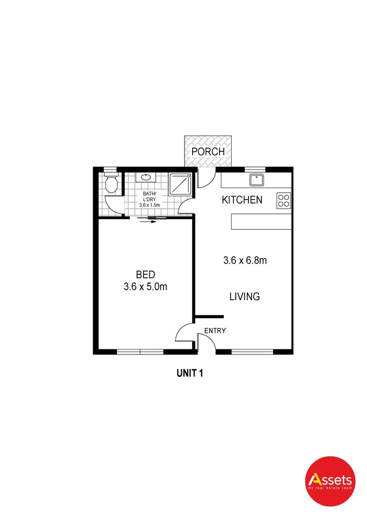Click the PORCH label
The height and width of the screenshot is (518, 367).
coord(208,152)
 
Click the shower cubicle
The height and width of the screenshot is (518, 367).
coord(181,184)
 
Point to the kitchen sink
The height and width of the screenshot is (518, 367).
coord(256,180)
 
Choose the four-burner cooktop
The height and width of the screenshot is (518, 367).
coord(283,200)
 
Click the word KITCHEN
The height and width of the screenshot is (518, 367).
coord(242,200)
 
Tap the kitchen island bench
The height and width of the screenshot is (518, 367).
coord(261,222)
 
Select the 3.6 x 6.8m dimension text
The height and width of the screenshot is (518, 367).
coord(245,260)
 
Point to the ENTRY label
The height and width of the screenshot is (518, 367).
coord(215,330)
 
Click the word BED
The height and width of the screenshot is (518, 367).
coord(145,275)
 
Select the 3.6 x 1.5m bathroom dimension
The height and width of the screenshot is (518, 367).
coord(148,205)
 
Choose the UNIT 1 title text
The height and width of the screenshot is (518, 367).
coord(190,373)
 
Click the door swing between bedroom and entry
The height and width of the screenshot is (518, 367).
coord(185,332)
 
